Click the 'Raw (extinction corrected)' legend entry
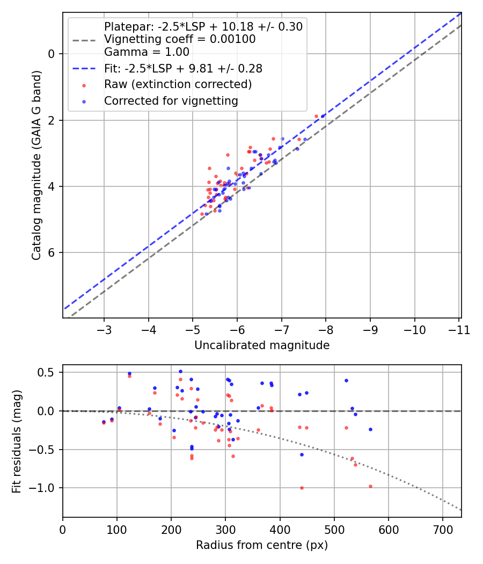pos(178,84)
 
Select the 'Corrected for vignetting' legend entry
pos(171,100)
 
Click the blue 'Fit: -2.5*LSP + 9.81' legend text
pos(182,69)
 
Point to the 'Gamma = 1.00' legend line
pos(147,53)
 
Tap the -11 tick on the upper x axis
pos(459,329)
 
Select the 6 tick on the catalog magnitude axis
pos(52,253)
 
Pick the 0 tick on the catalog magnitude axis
pos(52,54)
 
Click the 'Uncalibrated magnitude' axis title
pos(262,345)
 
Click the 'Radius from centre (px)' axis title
pos(262,545)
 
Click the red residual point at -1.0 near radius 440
pos(302,488)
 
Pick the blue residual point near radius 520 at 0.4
pos(346,380)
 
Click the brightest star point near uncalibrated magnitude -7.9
pos(323,116)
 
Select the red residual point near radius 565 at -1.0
pos(370,486)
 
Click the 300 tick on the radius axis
pos(225,530)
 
